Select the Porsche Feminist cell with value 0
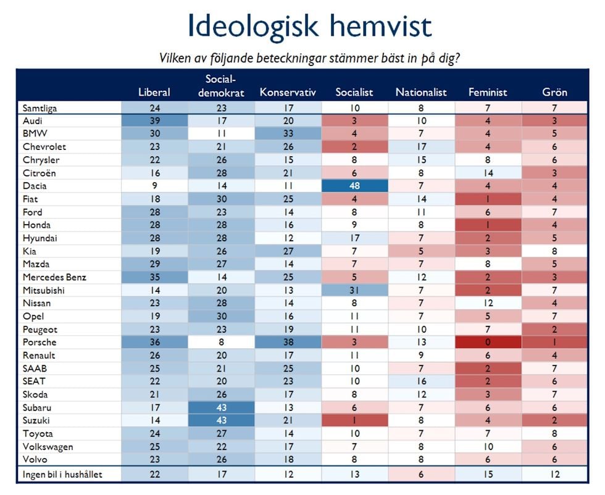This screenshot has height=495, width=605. (488, 343)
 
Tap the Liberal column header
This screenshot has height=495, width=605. (154, 93)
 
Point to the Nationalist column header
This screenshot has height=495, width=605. (421, 93)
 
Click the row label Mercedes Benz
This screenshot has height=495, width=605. (53, 277)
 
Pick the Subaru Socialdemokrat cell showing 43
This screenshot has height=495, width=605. (221, 407)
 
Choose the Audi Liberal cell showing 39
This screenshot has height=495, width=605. (154, 122)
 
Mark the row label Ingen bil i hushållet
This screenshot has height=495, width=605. (61, 474)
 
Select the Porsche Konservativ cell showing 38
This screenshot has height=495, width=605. (288, 343)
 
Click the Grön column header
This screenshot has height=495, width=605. (554, 93)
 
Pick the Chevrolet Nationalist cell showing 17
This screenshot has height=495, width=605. (421, 148)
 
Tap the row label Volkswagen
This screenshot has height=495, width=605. (48, 446)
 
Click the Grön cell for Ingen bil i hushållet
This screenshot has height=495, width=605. (554, 474)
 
